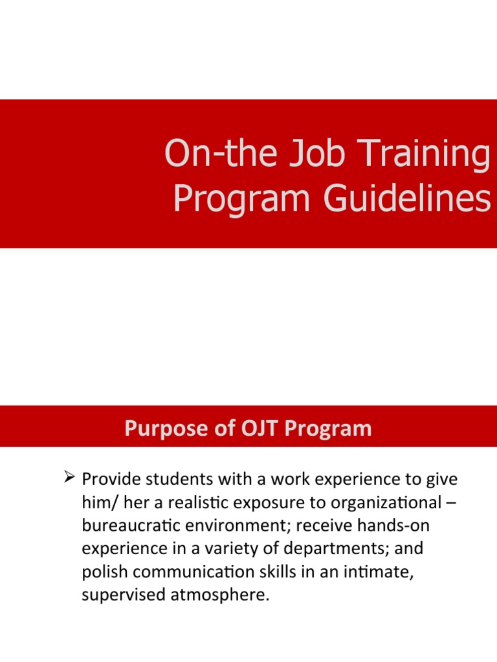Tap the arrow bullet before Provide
point(69,479)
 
